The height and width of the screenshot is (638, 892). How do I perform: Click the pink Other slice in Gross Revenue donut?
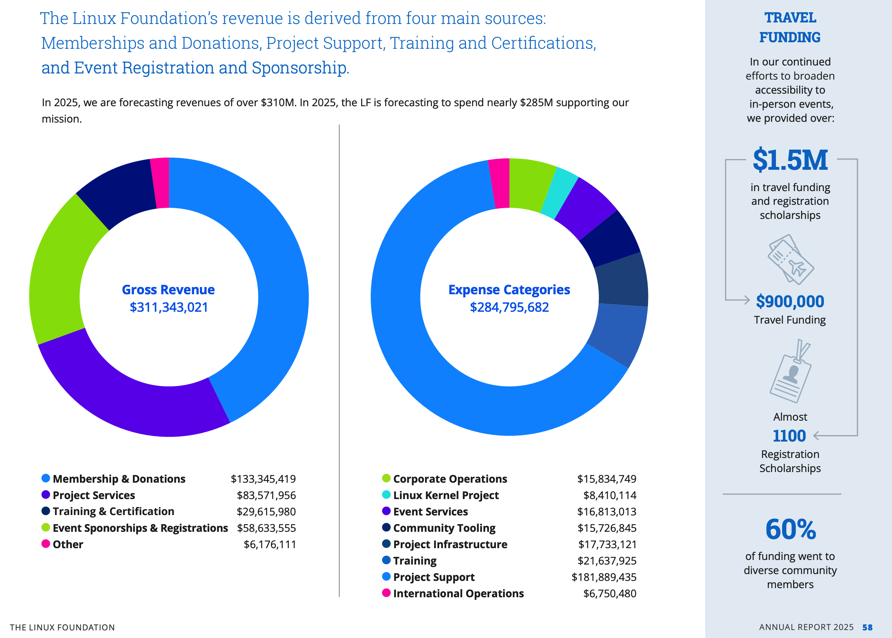[x=160, y=183]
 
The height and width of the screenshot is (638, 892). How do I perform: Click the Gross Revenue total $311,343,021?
[x=169, y=307]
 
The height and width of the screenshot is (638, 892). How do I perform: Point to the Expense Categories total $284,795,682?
[x=509, y=307]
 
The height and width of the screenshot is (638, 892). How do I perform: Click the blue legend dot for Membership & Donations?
[x=46, y=478]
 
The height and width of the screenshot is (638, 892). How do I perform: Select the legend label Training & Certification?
[x=113, y=511]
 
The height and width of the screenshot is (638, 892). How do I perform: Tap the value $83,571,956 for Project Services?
[x=266, y=495]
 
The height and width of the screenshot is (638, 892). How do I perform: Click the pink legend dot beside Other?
[x=46, y=544]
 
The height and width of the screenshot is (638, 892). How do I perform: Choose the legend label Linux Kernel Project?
[x=446, y=495]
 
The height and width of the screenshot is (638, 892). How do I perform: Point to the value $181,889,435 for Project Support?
[x=604, y=577]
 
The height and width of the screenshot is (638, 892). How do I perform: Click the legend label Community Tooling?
[x=444, y=528]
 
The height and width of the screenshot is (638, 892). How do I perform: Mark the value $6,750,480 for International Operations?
[x=610, y=593]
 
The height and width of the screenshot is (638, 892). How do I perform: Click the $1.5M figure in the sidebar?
[x=790, y=160]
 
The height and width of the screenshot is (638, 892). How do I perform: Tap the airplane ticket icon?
[x=790, y=259]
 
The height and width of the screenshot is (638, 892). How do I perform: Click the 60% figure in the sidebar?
[x=790, y=529]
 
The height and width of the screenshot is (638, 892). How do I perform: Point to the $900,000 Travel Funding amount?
[x=790, y=301]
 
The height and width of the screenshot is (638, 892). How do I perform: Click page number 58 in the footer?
[x=867, y=627]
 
